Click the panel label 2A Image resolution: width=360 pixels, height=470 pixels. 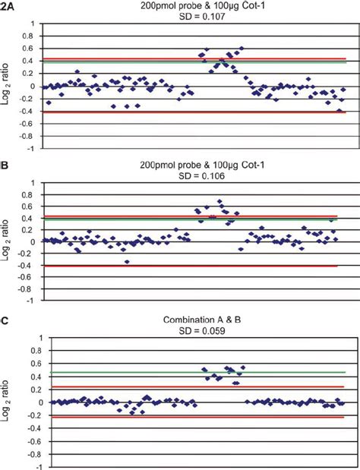[x=7, y=6]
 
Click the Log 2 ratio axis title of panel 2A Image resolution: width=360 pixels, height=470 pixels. [x=8, y=86]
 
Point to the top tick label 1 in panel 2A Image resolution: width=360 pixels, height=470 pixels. [x=32, y=24]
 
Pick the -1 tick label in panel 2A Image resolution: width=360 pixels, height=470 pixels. [x=30, y=149]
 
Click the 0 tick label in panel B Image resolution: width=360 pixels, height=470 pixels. [x=32, y=242]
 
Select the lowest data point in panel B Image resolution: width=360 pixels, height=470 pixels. [x=127, y=261]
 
